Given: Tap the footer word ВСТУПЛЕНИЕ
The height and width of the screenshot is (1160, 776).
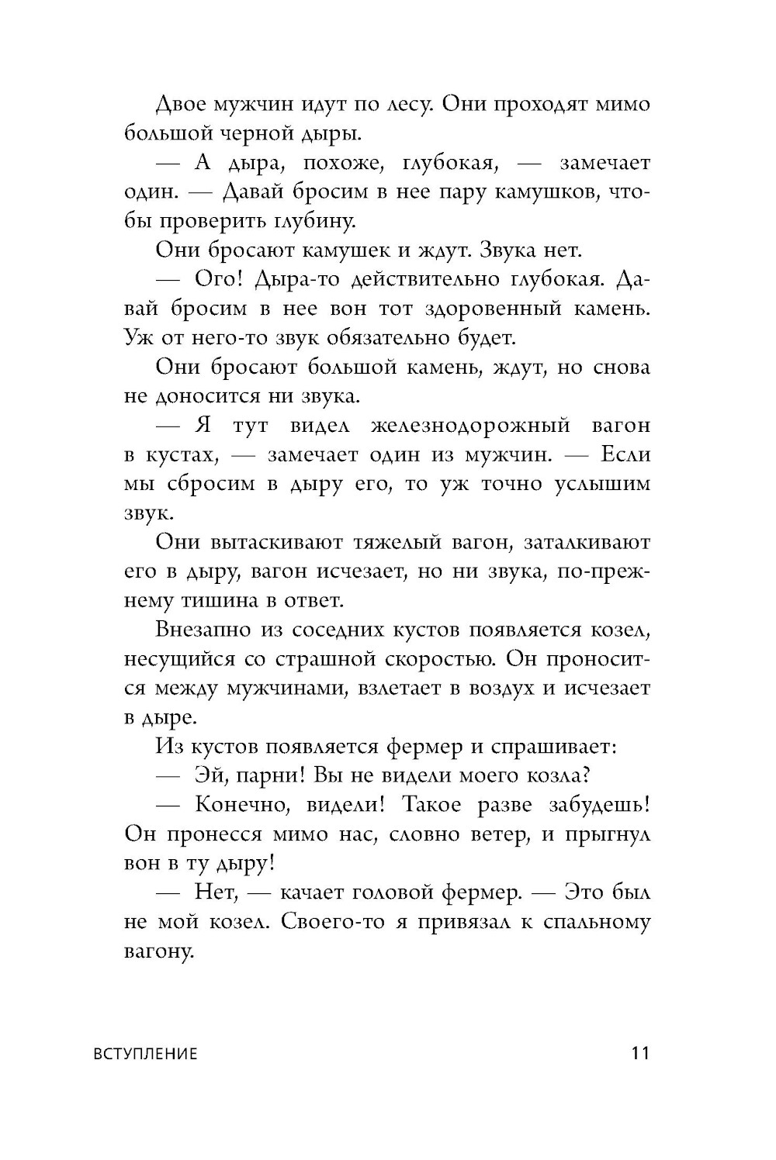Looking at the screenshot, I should [x=145, y=1054].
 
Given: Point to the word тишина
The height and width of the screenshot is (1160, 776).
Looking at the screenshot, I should [x=227, y=599].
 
